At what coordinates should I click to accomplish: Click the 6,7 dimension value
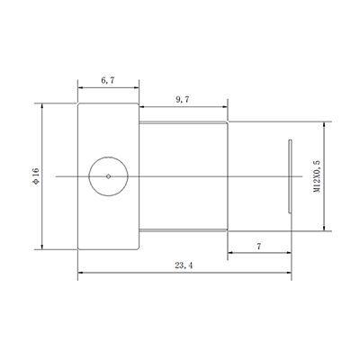point(107,80)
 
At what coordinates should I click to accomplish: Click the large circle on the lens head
point(108,175)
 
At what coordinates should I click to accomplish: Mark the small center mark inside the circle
point(108,175)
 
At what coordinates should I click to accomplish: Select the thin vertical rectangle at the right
point(290,175)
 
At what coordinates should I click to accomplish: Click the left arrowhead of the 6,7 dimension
point(80,89)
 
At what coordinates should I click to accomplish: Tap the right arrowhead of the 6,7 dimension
point(136,89)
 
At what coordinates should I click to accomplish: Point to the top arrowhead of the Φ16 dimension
point(42,105)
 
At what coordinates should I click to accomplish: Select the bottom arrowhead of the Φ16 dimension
point(42,247)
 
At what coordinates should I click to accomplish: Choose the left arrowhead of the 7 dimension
point(231,254)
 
